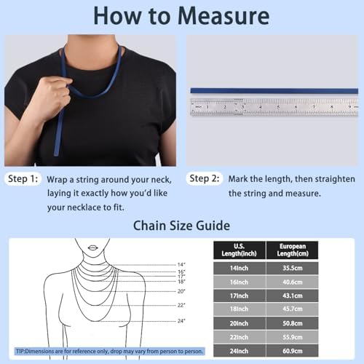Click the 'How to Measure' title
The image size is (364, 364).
pos(182,16)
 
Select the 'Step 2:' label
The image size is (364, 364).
pos(205,178)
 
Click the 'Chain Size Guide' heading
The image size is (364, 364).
pos(181,226)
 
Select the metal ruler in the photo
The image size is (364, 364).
pos(273,106)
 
